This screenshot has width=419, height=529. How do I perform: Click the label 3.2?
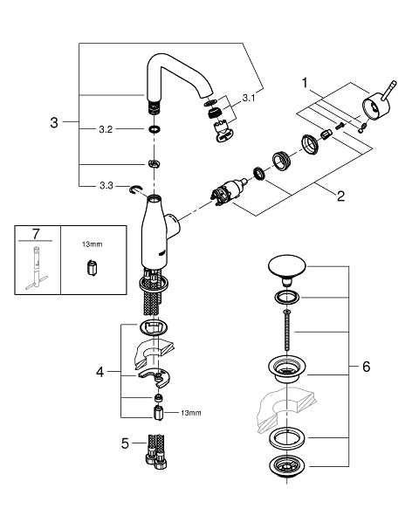pyautogui.click(x=104, y=128)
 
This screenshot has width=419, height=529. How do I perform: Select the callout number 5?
pyautogui.click(x=125, y=443)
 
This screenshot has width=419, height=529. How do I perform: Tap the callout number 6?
pyautogui.click(x=365, y=367)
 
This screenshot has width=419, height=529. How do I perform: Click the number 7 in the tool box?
pyautogui.click(x=34, y=236)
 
